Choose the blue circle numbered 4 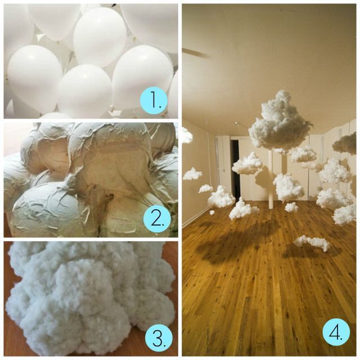[x=336, y=331]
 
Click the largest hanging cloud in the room [x=280, y=122]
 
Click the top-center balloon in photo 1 [x=100, y=38]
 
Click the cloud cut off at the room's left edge [x=187, y=134]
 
